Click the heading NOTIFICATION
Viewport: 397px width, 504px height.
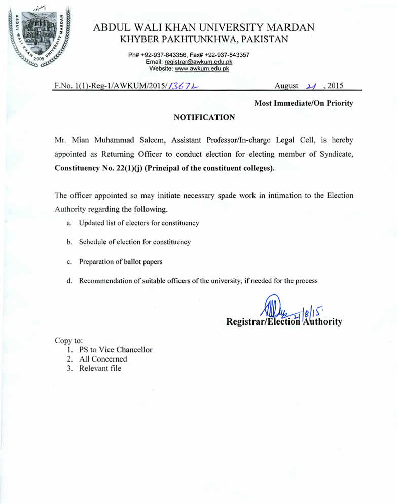pyautogui.click(x=204, y=117)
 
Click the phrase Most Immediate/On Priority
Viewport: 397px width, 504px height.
pyautogui.click(x=303, y=103)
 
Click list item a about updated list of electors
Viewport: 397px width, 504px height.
pyautogui.click(x=138, y=223)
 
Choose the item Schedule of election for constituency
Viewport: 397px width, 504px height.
pyautogui.click(x=134, y=242)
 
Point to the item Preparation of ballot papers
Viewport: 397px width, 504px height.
pyautogui.click(x=120, y=262)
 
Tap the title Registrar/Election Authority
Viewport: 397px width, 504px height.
pyautogui.click(x=284, y=321)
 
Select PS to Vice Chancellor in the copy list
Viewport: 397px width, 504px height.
pyautogui.click(x=115, y=349)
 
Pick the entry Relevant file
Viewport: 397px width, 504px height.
pyautogui.click(x=100, y=368)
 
